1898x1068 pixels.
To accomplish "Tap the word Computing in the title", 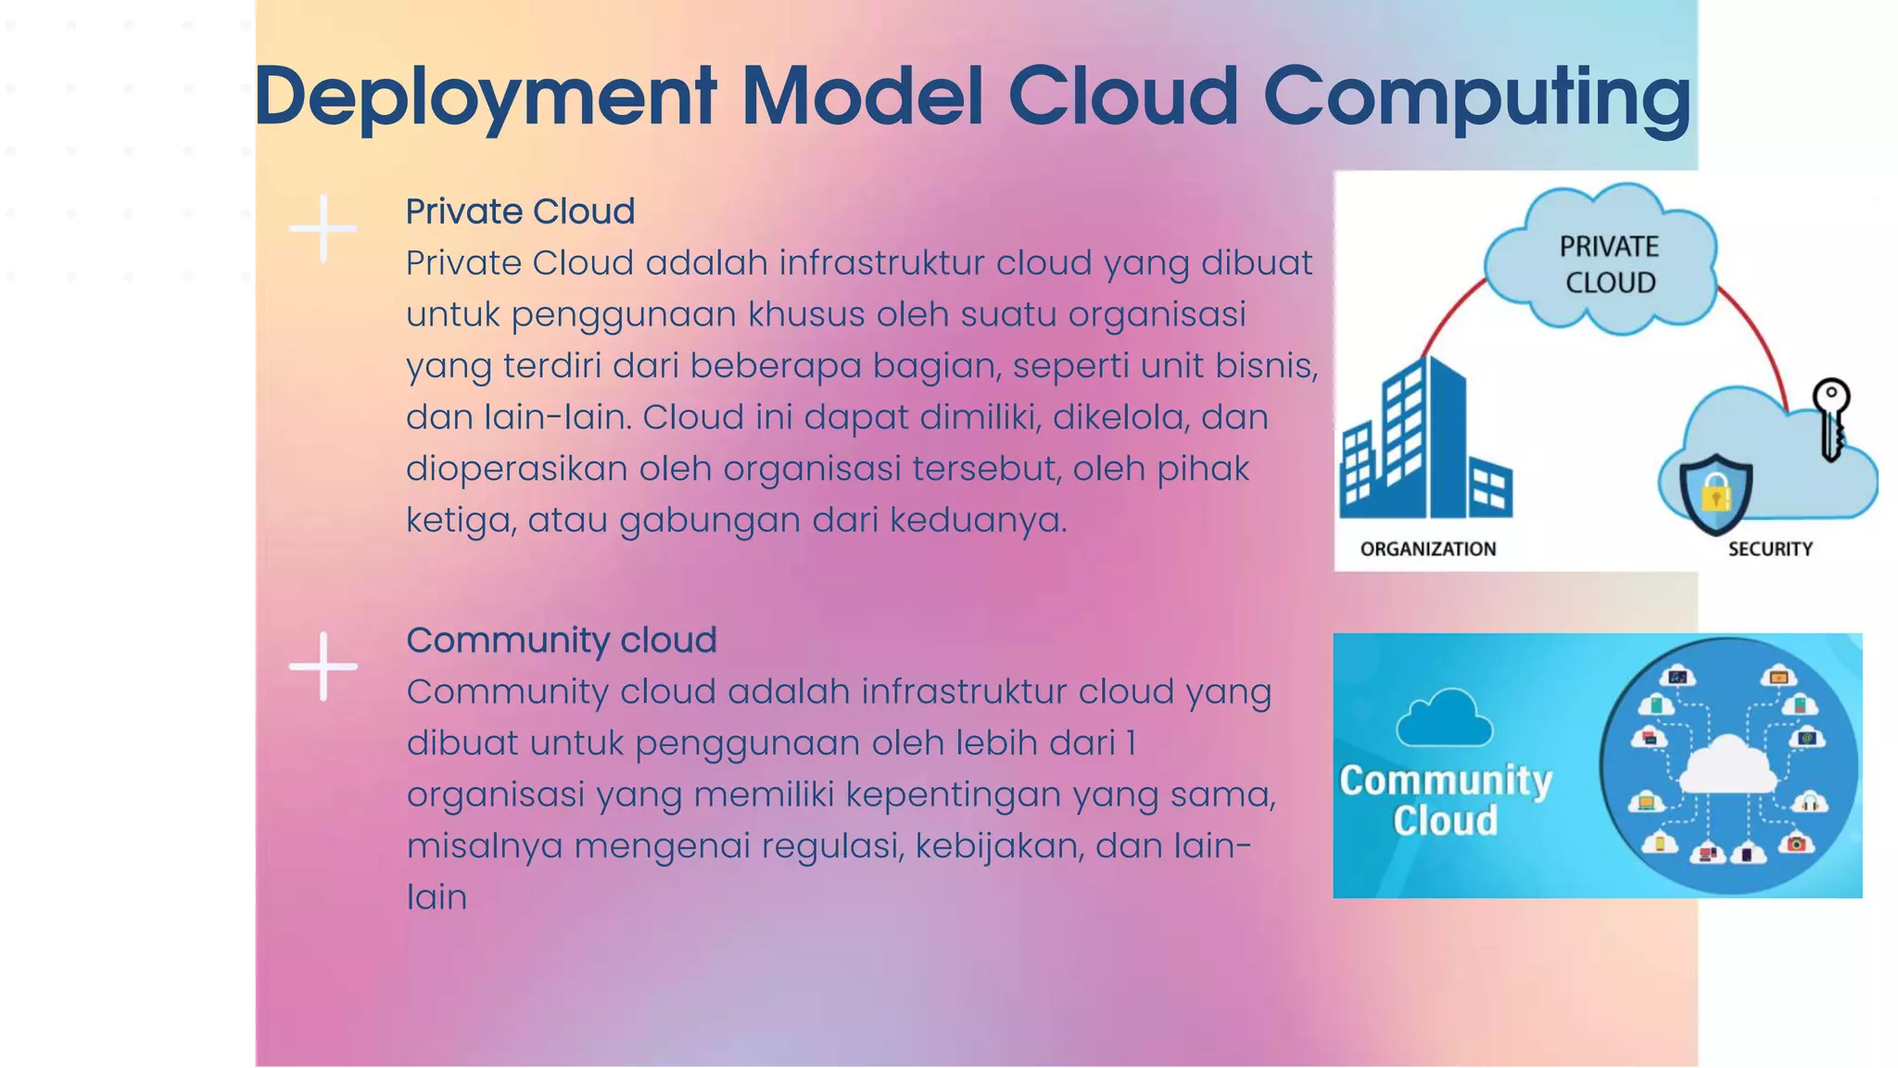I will coord(1477,97).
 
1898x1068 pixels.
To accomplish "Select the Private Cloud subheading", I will coord(520,211).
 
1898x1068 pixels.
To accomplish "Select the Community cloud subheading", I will coord(561,640).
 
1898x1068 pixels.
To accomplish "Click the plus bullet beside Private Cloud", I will coord(323,228).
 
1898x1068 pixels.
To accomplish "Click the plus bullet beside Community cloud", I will coord(323,667).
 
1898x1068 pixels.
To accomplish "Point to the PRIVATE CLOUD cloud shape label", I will coord(1608,264).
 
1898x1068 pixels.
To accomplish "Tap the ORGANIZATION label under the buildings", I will coord(1427,549).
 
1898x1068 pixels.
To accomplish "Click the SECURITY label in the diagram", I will coord(1769,549).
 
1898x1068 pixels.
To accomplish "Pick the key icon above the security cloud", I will coord(1831,417).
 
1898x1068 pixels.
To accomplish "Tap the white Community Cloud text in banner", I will coord(1445,800).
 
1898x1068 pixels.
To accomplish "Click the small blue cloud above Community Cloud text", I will coord(1444,718).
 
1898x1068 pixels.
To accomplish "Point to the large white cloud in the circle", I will coord(1727,762).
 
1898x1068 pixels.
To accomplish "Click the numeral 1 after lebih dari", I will coord(1131,744).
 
